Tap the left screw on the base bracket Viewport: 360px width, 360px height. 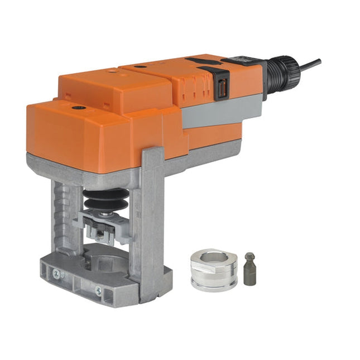tap(56, 273)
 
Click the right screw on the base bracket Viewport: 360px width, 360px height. tap(98, 290)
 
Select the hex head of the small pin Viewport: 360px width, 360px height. tap(249, 258)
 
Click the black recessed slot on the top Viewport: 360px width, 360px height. tap(201, 61)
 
